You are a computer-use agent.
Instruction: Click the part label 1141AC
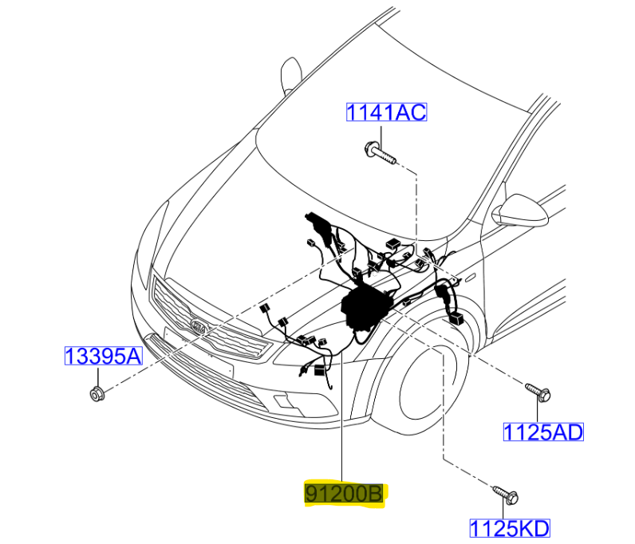tap(386, 112)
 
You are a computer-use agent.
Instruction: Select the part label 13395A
tap(104, 356)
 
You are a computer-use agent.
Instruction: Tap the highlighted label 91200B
tap(344, 494)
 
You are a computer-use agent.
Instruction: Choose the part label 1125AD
tap(543, 432)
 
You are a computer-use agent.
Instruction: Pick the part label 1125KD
tap(510, 528)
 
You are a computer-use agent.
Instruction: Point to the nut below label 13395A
tap(97, 394)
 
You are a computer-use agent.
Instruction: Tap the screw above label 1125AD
tap(538, 392)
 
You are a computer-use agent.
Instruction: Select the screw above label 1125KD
tap(507, 495)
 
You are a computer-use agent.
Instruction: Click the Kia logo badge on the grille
tap(199, 326)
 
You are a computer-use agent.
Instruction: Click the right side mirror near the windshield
tap(521, 211)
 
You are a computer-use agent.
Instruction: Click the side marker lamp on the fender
tap(470, 278)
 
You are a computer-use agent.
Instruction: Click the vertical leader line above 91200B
tap(342, 416)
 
